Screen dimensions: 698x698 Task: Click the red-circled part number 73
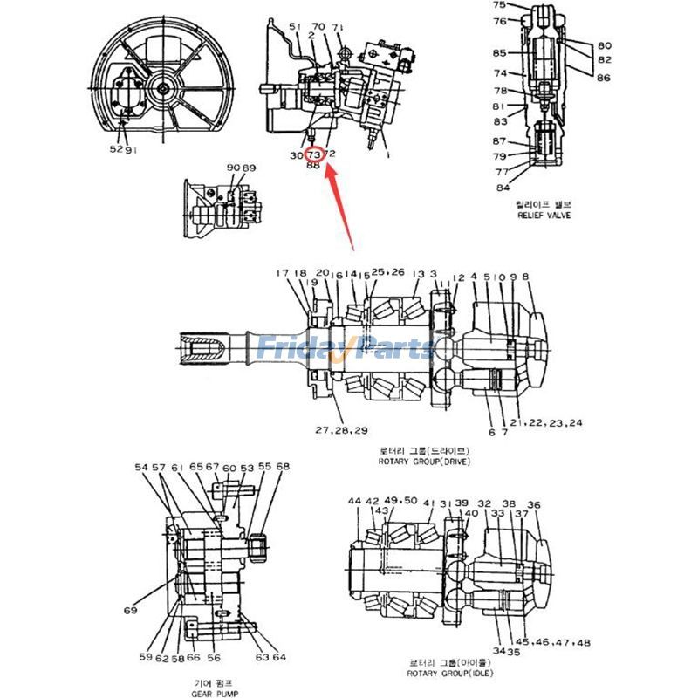tap(313, 154)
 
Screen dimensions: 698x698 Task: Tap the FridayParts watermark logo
tap(345, 348)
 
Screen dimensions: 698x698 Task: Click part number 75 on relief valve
tap(499, 5)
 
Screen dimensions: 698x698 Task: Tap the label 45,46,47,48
tap(558, 642)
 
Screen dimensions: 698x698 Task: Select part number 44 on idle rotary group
tap(353, 502)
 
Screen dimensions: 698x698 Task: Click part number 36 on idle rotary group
tap(534, 504)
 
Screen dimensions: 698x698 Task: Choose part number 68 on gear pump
tap(282, 467)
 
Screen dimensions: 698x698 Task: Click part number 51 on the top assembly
tap(294, 27)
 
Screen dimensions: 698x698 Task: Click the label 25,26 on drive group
tap(388, 273)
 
